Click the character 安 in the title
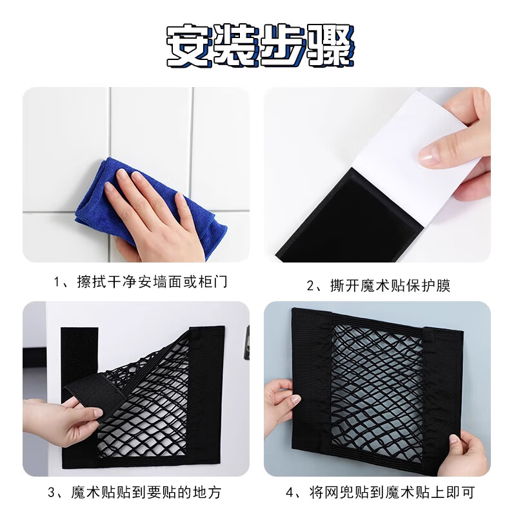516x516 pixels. pyautogui.click(x=190, y=45)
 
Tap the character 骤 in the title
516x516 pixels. pyautogui.click(x=328, y=45)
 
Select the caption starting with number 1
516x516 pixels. pyautogui.click(x=141, y=283)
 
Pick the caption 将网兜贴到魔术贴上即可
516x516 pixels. pyautogui.click(x=381, y=493)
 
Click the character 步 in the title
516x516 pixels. pyautogui.click(x=281, y=45)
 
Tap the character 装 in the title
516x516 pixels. pyautogui.click(x=235, y=45)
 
